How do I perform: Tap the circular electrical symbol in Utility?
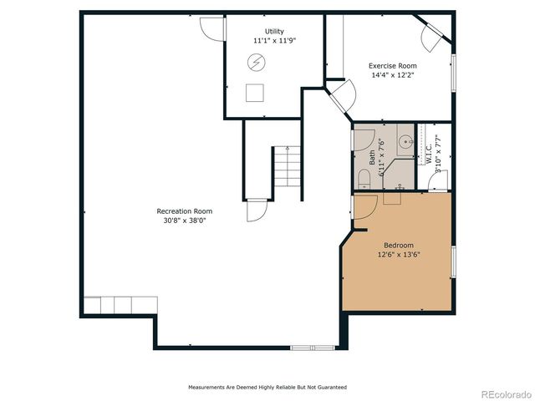pos(256,63)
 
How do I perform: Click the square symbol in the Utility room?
pos(255,92)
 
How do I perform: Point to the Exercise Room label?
pos(393,65)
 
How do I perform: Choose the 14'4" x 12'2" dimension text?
pos(393,74)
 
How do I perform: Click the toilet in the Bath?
pos(364,179)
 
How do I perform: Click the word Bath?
pos(372,157)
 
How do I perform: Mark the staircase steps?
pos(286,167)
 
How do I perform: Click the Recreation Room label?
pos(185,211)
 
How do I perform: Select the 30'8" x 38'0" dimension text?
pos(185,221)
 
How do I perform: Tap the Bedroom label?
pos(398,245)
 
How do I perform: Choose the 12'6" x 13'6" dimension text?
pos(398,254)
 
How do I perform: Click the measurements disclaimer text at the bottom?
pos(267,387)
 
